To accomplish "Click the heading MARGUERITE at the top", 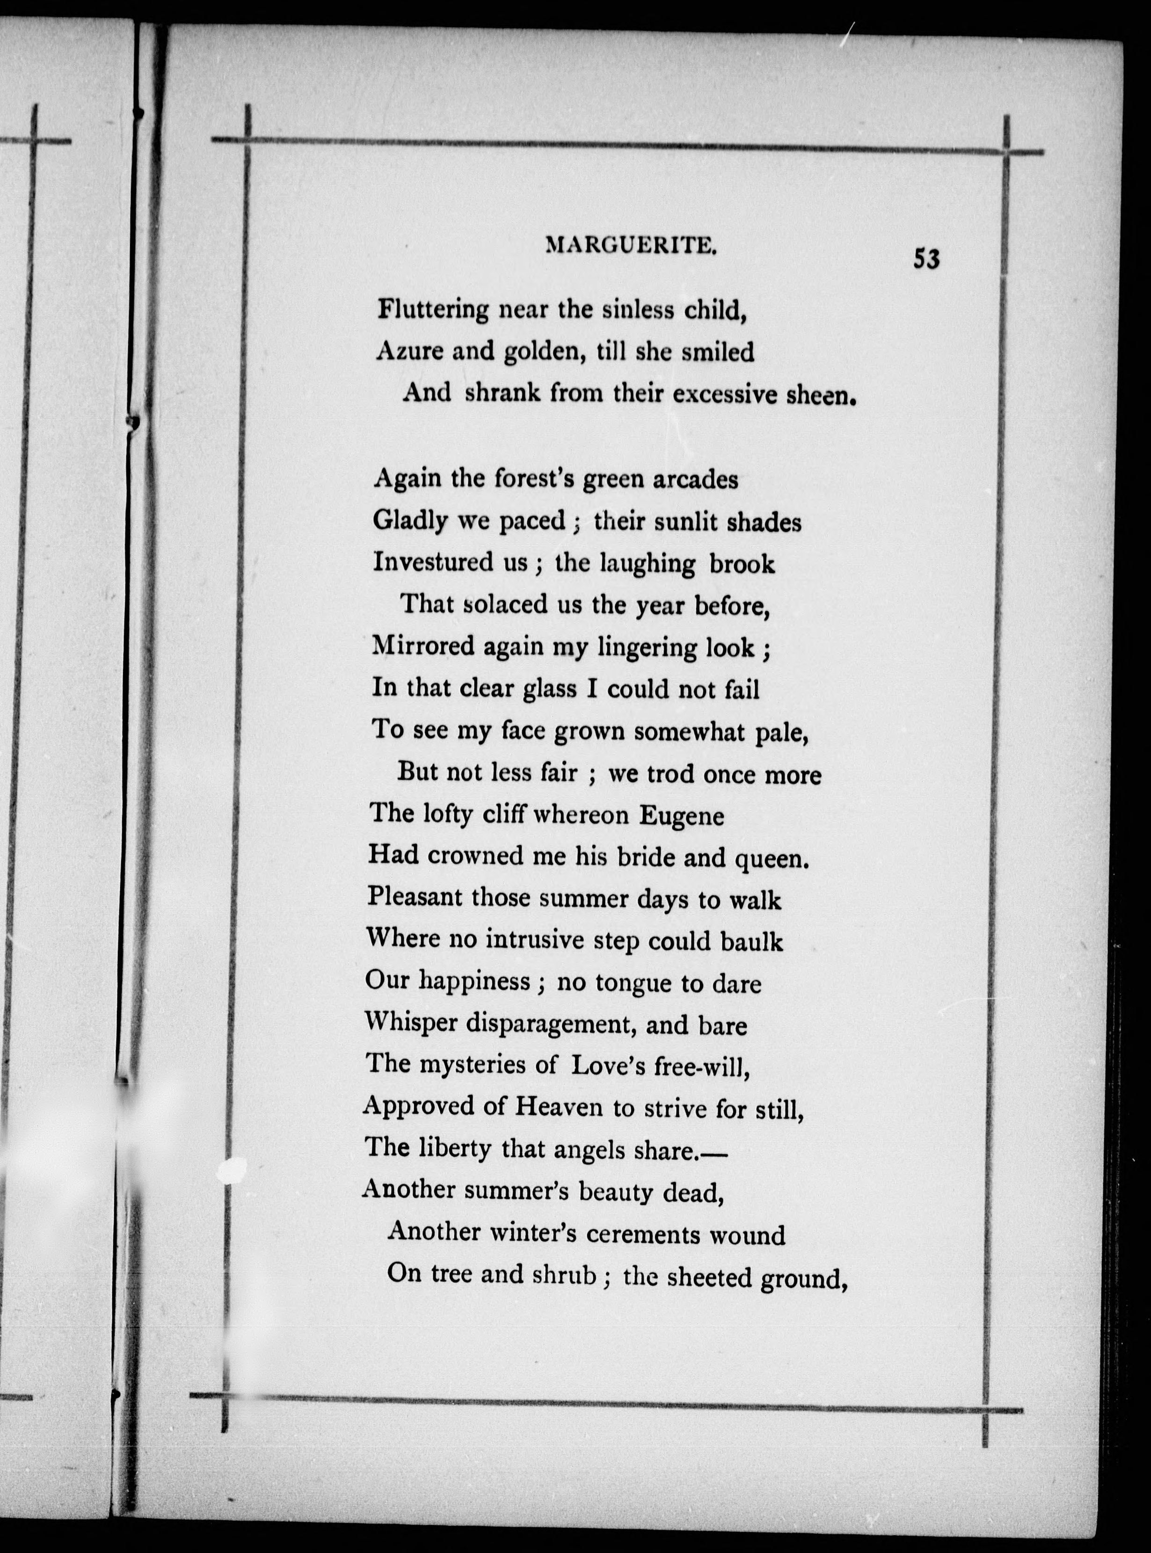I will point(631,245).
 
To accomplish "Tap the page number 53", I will point(926,259).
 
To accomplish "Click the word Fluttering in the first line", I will point(433,309).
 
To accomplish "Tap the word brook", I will point(741,563).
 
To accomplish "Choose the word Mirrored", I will point(422,646).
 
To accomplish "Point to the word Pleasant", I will point(415,898).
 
